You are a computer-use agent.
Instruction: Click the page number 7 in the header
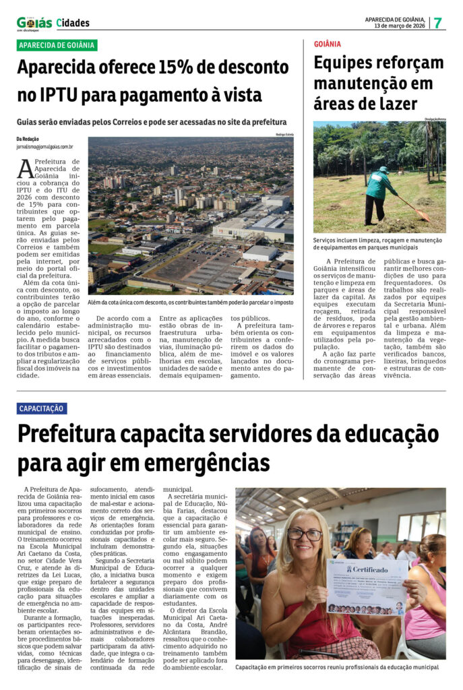pos(437,22)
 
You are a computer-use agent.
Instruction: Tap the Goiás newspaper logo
pos(34,23)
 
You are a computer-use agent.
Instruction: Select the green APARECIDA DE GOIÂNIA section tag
pos(57,45)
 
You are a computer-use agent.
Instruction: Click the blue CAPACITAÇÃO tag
pos(42,408)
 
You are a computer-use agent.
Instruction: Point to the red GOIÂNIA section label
pos(328,44)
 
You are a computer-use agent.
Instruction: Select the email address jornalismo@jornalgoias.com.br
pos(45,146)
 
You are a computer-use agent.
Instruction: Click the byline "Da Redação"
pos(28,139)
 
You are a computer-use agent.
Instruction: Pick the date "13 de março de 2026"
pos(400,26)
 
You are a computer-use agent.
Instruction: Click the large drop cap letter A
pos(26,169)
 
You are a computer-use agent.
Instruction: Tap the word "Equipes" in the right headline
pos(346,63)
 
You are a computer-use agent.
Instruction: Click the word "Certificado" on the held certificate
pos(370,569)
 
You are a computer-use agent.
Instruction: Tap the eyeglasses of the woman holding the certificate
pos(305,535)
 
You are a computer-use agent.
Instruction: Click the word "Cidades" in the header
pos(73,23)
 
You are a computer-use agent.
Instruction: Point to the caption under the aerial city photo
pos(190,303)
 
